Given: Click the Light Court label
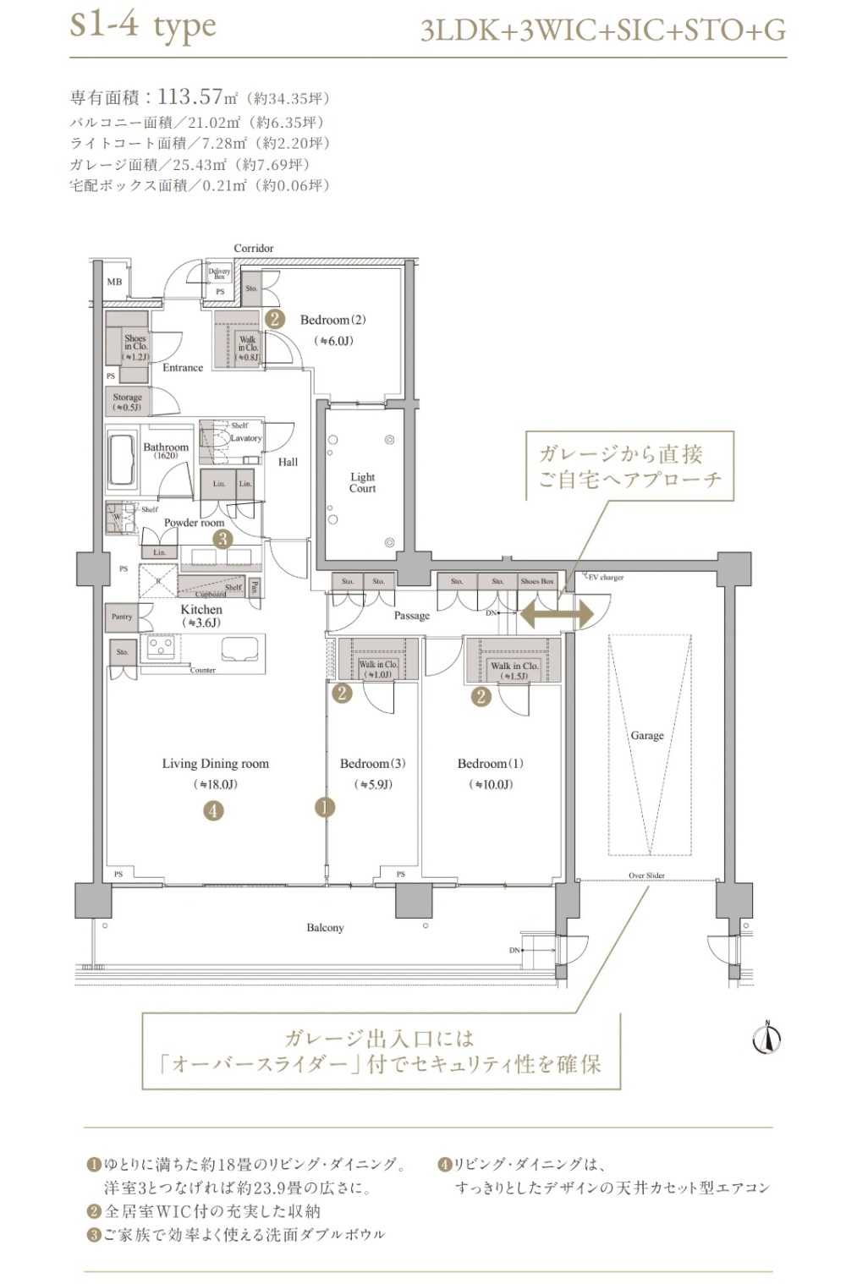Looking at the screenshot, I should tap(362, 483).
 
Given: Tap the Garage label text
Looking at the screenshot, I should tap(647, 736).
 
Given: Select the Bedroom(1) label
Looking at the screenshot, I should tap(490, 764).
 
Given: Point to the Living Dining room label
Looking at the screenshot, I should tap(215, 764).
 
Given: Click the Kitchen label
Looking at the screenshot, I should tap(201, 610).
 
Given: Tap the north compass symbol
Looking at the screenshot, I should tap(766, 1039).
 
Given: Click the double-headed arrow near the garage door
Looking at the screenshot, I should tap(556, 613).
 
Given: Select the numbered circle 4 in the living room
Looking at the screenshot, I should tap(213, 811).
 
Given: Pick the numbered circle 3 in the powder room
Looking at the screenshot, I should tap(222, 539).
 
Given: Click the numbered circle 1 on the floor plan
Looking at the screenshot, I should tap(325, 808).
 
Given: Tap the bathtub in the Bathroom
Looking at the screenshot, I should tap(122, 462).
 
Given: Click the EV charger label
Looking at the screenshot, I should tap(605, 578).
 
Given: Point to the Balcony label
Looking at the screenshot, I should tap(325, 928).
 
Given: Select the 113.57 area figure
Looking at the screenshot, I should tap(190, 96).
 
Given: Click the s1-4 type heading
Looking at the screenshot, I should tap(143, 25).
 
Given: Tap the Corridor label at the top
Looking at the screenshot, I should tap(254, 248).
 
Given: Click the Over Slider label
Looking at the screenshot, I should tap(646, 875).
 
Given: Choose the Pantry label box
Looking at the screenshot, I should tap(122, 617).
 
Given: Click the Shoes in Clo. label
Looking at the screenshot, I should tap(135, 347).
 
